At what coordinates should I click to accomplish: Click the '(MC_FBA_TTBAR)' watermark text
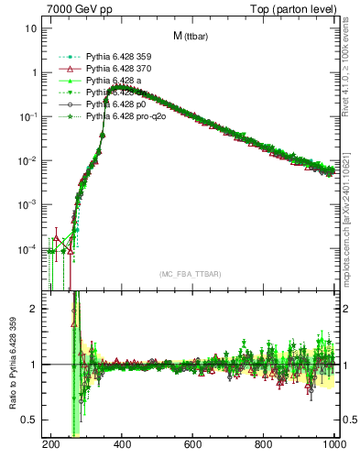(x=190, y=275)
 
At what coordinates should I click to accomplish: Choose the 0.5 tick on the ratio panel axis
(x=29, y=420)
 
